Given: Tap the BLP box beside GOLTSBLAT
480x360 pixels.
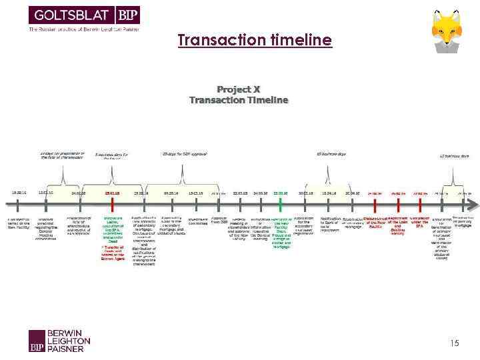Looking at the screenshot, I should (x=128, y=15).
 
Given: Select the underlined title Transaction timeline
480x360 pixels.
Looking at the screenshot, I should (x=255, y=41).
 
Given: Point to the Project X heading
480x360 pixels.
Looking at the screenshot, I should (x=238, y=89).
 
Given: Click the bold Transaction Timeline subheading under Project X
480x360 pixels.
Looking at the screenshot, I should (x=238, y=100).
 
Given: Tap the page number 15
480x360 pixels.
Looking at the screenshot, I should (x=455, y=343).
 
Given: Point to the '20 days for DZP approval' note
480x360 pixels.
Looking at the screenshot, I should (x=184, y=155).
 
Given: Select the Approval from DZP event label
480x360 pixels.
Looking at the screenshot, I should (x=220, y=221).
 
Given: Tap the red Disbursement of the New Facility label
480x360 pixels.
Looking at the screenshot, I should (x=376, y=223).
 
